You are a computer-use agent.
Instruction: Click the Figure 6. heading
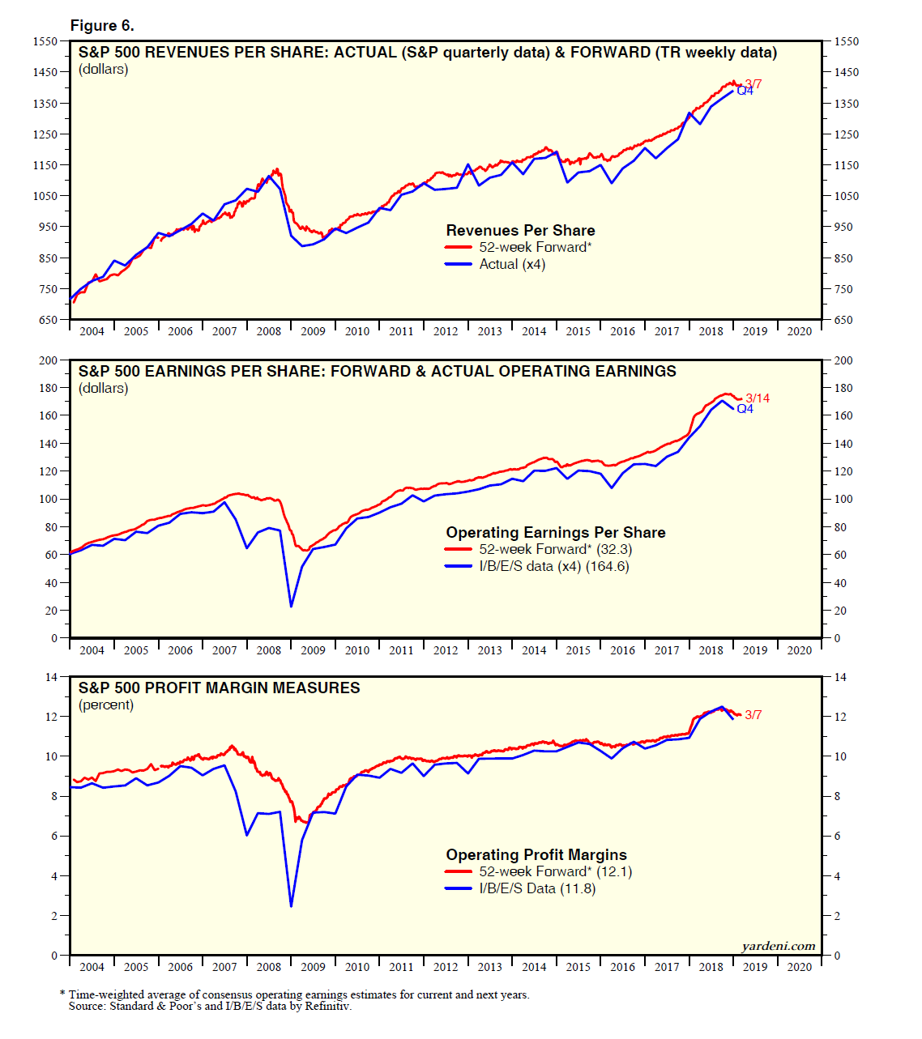pos(102,26)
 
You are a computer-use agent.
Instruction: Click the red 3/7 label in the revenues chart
pos(753,83)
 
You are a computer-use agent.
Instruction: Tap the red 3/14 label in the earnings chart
pos(758,398)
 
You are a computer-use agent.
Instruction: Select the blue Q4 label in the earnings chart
pos(745,409)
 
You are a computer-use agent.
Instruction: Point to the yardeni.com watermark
pos(778,946)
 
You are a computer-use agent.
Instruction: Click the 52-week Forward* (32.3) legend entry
pos(555,549)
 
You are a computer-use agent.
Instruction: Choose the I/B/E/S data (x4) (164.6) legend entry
pos(553,566)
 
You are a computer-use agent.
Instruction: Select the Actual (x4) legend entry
pos(512,264)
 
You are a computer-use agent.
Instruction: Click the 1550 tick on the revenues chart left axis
pos(45,41)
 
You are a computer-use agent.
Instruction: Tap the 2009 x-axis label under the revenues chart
pos(313,331)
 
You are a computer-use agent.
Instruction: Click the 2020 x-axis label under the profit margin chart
pos(799,967)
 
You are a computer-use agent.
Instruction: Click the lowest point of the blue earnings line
pos(291,606)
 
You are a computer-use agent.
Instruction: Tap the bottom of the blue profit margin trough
pos(291,906)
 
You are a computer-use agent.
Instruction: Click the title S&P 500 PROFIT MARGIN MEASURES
pos(219,688)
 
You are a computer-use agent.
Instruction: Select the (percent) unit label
pos(106,705)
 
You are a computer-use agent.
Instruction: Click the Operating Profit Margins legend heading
pos(536,854)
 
